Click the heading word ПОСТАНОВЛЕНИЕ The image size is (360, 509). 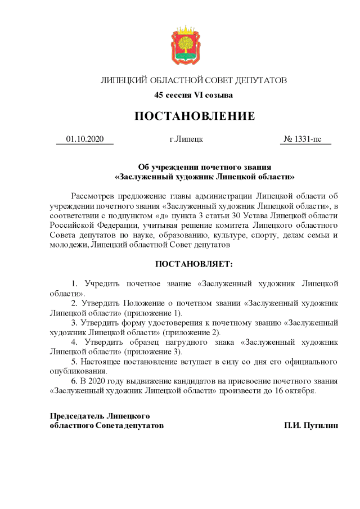(x=194, y=116)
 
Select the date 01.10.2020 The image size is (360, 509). (x=85, y=139)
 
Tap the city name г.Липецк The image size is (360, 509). (x=186, y=139)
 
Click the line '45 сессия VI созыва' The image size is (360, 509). (x=193, y=95)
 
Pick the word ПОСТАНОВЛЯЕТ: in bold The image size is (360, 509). (x=193, y=264)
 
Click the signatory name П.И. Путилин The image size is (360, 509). (x=311, y=426)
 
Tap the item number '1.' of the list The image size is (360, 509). (x=74, y=283)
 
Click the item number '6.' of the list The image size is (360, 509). (x=74, y=381)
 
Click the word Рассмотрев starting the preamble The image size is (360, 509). (x=93, y=196)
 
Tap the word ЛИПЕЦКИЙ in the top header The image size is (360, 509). (x=123, y=80)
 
